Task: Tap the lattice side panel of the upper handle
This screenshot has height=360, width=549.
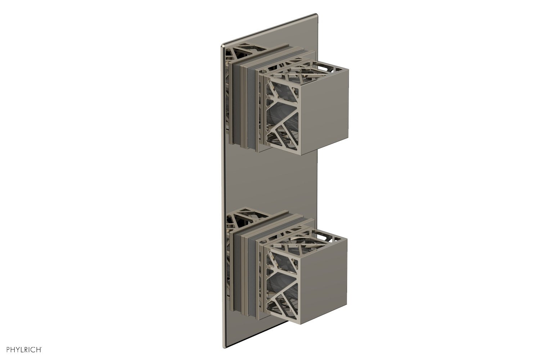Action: (281, 115)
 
